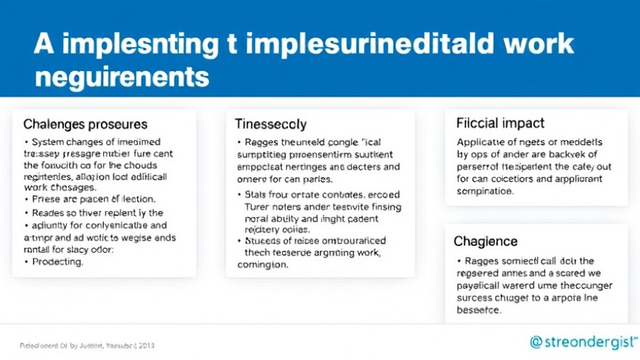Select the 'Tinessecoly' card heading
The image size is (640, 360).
(x=271, y=124)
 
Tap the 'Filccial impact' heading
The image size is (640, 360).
(x=500, y=123)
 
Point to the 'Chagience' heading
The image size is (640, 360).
(x=486, y=242)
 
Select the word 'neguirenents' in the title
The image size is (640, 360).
(x=122, y=76)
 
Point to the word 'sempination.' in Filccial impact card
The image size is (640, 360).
(x=484, y=191)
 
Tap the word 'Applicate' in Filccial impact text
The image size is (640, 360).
(x=481, y=142)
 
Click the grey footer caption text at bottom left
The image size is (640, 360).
(x=87, y=345)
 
